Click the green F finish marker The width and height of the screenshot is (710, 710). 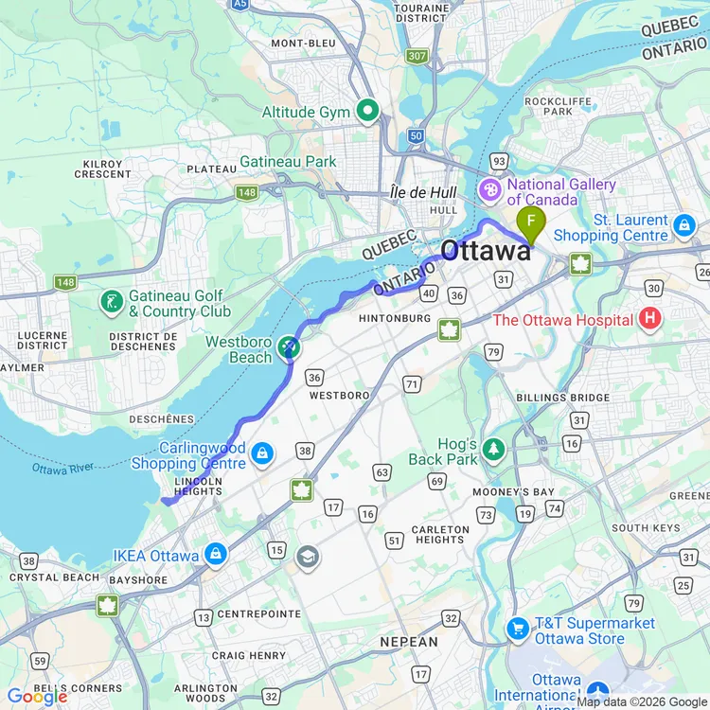(x=531, y=225)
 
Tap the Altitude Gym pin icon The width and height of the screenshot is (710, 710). (x=367, y=112)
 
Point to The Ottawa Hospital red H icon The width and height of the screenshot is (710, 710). (x=649, y=319)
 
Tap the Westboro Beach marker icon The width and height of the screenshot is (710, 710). (x=289, y=350)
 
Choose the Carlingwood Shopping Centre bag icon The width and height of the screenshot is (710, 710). (x=262, y=455)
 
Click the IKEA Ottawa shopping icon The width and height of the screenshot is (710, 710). (x=216, y=555)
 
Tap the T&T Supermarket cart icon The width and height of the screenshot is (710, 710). (x=517, y=628)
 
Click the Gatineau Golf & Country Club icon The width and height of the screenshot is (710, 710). (x=112, y=303)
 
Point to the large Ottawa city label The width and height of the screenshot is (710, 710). (x=486, y=251)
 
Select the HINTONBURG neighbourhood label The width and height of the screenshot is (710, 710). (x=396, y=319)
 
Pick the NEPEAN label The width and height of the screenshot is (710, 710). (x=409, y=642)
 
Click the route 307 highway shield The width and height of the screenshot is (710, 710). (x=416, y=57)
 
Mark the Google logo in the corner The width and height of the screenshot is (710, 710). (x=38, y=697)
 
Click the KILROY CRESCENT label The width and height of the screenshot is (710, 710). (x=102, y=169)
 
